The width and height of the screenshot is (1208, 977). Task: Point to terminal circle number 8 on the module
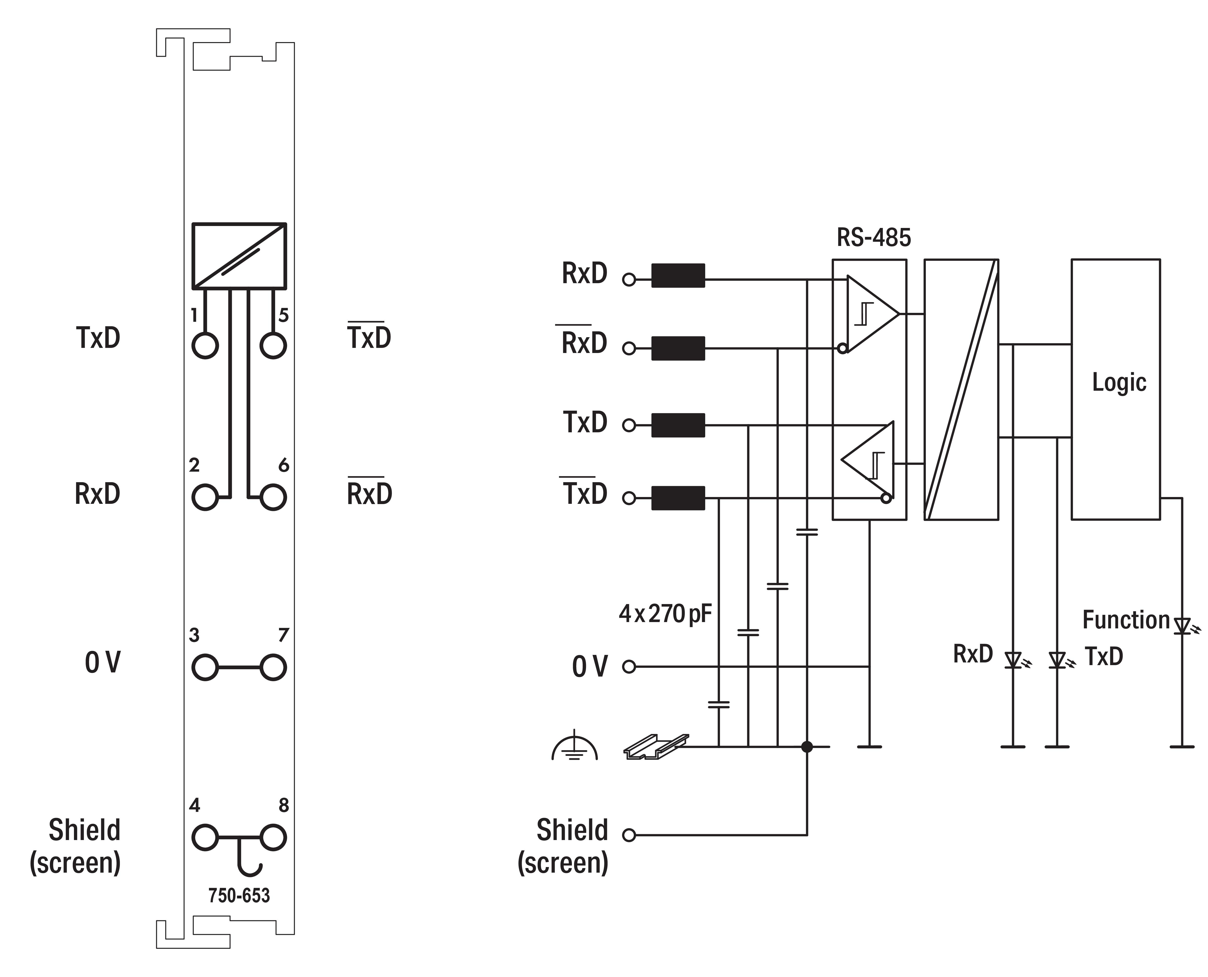[273, 837]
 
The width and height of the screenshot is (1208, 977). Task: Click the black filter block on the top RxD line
[678, 276]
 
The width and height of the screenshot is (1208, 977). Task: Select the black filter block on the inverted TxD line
[678, 498]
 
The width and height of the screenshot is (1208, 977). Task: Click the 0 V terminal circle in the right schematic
[629, 667]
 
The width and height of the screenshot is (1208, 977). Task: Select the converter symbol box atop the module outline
[239, 256]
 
